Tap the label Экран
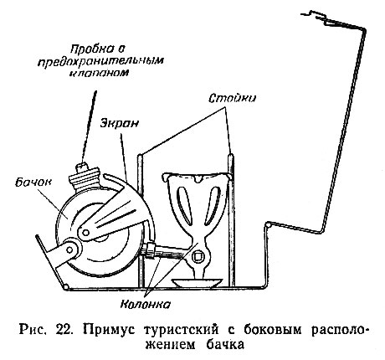(x=120, y=123)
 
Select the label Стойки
(x=233, y=98)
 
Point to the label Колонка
(x=146, y=305)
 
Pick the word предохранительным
(x=100, y=62)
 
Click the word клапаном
(x=99, y=73)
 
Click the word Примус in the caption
(x=109, y=330)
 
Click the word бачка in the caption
(x=225, y=345)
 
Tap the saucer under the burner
(x=198, y=283)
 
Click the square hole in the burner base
(x=198, y=255)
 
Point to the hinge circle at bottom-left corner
(x=66, y=287)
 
